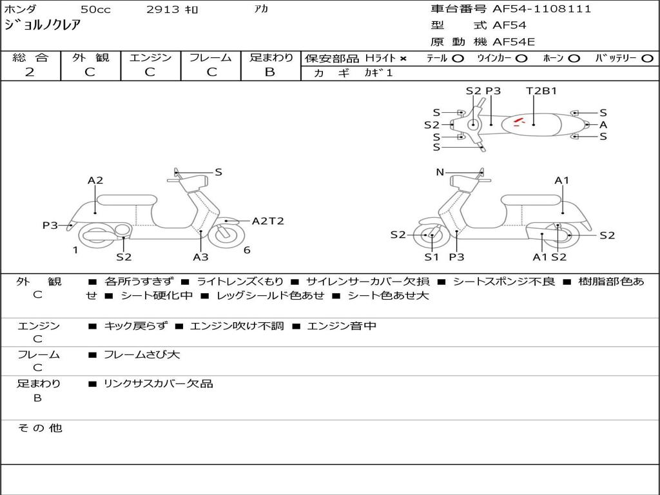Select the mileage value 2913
[x=163, y=10]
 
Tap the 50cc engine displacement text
[x=95, y=10]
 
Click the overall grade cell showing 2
[x=30, y=72]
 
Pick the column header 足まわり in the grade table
[x=271, y=58]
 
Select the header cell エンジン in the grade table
[x=150, y=58]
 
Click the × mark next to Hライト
[x=403, y=59]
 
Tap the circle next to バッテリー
[x=646, y=59]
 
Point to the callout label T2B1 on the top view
[x=541, y=91]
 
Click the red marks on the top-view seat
[x=519, y=120]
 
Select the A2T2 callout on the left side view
[x=267, y=221]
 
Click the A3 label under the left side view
[x=200, y=257]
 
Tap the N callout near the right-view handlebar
[x=440, y=172]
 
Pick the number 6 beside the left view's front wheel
[x=247, y=250]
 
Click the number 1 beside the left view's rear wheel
[x=75, y=250]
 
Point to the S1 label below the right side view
[x=431, y=257]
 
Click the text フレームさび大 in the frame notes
[x=142, y=354]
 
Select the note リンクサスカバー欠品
[x=158, y=383]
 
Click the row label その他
[x=40, y=428]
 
